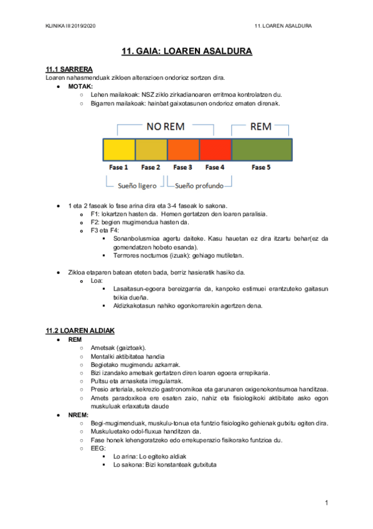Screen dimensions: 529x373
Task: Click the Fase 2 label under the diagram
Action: [x=151, y=167]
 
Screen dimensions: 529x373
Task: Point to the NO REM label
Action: [x=165, y=126]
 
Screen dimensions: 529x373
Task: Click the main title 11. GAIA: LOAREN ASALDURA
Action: [x=186, y=51]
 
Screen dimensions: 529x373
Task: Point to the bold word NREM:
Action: [x=78, y=414]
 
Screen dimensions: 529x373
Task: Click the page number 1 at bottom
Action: [x=326, y=502]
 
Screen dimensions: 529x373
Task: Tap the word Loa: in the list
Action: [x=97, y=281]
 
